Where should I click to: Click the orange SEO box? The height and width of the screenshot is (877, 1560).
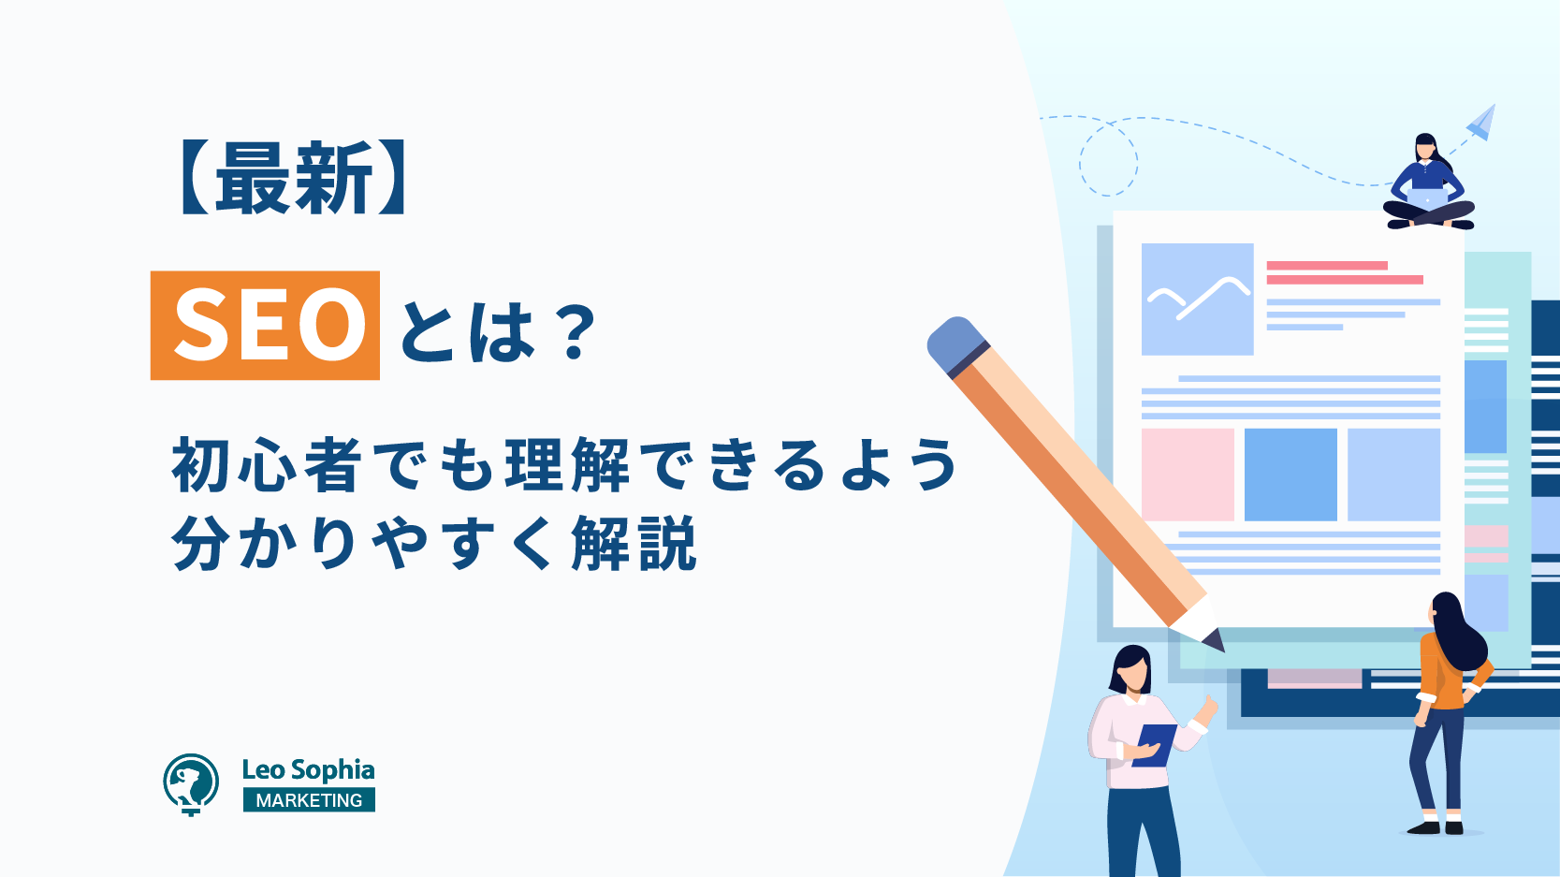(265, 326)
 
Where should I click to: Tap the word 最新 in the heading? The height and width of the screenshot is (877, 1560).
(293, 179)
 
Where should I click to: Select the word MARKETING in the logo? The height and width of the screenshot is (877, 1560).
(309, 799)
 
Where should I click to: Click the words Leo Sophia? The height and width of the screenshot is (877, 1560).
(309, 769)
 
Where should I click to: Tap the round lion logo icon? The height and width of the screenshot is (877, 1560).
(191, 783)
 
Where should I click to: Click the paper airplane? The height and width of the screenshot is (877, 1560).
(1481, 122)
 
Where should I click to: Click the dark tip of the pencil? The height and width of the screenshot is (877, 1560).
(1215, 641)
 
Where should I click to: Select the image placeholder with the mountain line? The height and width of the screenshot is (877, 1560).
(1197, 299)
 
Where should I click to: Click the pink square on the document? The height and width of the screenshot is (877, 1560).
(1188, 475)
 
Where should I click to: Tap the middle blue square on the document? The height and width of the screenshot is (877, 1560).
(1290, 475)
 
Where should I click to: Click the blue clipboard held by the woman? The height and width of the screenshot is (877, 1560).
(1154, 745)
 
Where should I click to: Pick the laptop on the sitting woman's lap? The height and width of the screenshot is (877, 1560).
(1428, 198)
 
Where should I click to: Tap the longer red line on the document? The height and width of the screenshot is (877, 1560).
(1345, 279)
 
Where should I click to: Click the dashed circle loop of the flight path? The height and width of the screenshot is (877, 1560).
(1109, 159)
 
